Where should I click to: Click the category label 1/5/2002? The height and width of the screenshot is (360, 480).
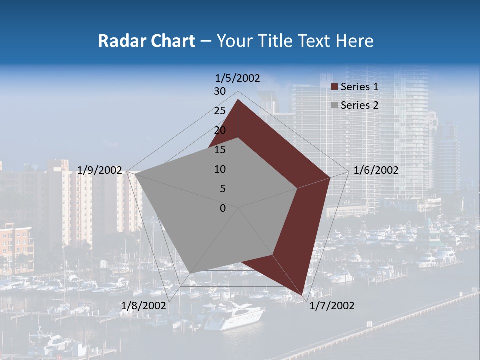tap(237, 78)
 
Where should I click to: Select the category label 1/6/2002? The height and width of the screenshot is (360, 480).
tap(376, 170)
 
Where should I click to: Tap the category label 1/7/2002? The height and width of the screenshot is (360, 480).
tap(331, 306)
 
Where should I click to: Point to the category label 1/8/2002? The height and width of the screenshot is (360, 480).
tap(144, 305)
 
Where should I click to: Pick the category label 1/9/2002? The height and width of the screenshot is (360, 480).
tap(99, 170)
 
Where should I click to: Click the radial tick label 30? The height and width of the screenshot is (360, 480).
tap(220, 91)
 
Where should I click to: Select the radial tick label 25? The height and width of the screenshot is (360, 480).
tap(220, 111)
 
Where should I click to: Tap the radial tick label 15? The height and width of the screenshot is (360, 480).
tap(220, 150)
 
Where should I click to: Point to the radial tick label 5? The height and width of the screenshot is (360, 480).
tap(222, 189)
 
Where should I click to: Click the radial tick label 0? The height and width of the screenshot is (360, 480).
tap(223, 208)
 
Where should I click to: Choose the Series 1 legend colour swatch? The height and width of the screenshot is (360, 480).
tap(334, 87)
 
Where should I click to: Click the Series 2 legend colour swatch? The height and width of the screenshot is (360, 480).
tap(334, 105)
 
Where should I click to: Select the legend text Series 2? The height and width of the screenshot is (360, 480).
tap(359, 105)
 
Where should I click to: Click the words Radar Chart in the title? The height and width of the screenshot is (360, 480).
tap(146, 41)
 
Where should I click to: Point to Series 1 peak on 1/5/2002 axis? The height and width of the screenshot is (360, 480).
tap(238, 100)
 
